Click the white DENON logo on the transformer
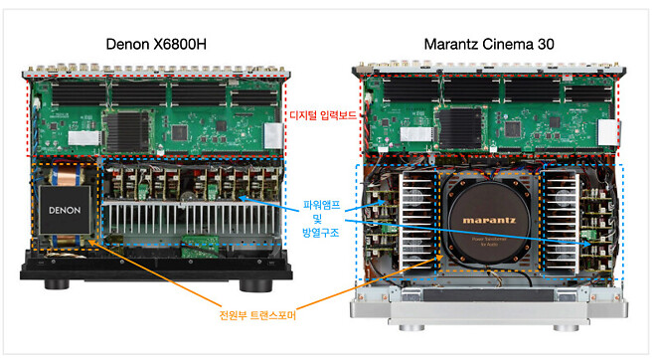[x=65, y=211]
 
